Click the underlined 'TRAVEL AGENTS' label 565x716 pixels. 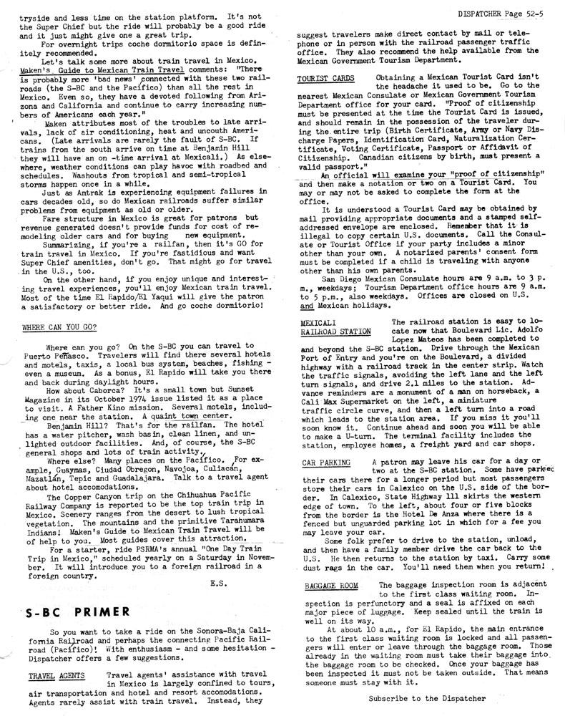point(56,675)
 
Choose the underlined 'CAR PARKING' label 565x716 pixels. point(325,463)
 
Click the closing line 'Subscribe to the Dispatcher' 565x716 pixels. point(427,697)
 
